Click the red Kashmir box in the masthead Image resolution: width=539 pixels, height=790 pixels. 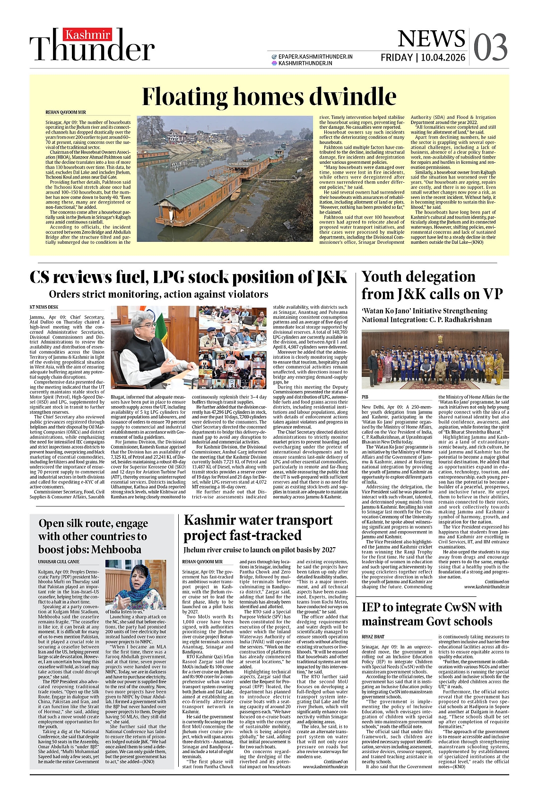pyautogui.click(x=87, y=35)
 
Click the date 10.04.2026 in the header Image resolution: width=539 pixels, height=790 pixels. pyautogui.click(x=443, y=58)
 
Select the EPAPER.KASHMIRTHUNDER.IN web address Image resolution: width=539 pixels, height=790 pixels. pyautogui.click(x=315, y=56)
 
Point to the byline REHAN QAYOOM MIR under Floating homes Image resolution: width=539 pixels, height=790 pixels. pyautogui.click(x=66, y=113)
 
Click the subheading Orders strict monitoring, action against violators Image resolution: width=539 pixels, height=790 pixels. pyautogui.click(x=158, y=294)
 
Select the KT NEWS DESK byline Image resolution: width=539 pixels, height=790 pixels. pyautogui.click(x=44, y=307)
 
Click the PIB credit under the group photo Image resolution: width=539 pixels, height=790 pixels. pyautogui.click(x=365, y=397)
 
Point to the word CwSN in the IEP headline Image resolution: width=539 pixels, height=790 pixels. pyautogui.click(x=462, y=607)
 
